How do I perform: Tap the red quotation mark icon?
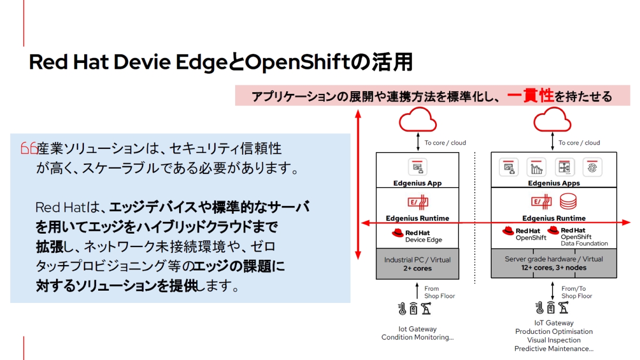coord(28,148)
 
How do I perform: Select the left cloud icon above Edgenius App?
coord(417,121)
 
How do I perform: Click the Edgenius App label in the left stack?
coord(417,183)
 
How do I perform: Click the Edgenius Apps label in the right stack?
coord(554,183)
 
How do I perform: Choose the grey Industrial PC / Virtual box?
coord(417,263)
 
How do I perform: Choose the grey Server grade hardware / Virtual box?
coord(554,263)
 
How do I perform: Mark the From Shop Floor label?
coord(439,292)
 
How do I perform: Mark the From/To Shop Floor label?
coord(577,292)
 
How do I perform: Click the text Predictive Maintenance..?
coord(554,349)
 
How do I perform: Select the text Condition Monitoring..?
coord(417,338)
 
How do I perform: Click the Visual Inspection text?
coord(554,340)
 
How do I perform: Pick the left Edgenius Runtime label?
coord(417,218)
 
